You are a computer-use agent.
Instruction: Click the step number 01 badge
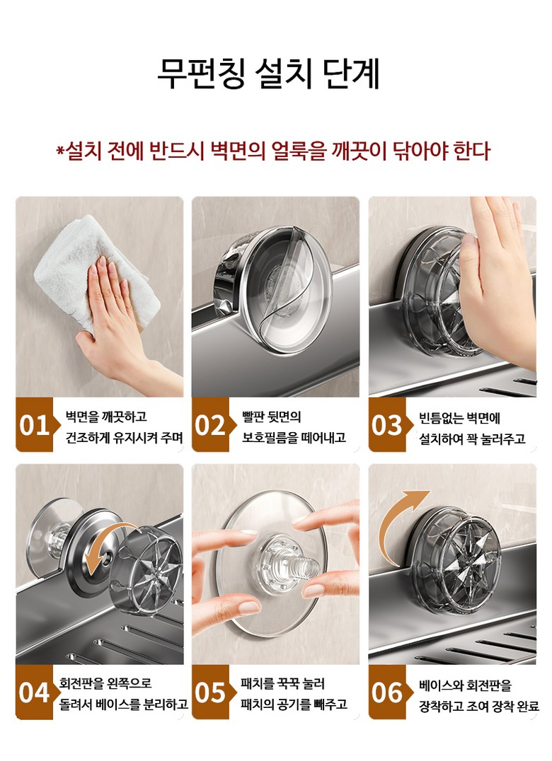click(x=34, y=424)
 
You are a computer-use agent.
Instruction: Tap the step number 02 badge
click(x=210, y=424)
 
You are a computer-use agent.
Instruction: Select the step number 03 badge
click(x=387, y=424)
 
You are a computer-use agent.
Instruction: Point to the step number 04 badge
click(x=34, y=692)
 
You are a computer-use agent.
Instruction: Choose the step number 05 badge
click(x=210, y=692)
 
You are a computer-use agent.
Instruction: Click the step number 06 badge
click(x=387, y=692)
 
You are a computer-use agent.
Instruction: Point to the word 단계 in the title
click(x=352, y=74)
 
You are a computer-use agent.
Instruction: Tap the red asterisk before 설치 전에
click(x=61, y=150)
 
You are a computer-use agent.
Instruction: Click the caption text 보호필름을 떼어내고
click(x=294, y=437)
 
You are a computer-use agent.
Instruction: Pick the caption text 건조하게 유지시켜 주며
click(x=125, y=437)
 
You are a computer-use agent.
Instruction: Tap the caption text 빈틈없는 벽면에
click(x=459, y=418)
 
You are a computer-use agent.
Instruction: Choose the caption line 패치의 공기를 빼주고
click(x=294, y=704)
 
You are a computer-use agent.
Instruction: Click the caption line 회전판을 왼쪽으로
click(x=105, y=683)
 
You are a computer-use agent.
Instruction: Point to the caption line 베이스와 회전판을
click(x=465, y=685)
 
